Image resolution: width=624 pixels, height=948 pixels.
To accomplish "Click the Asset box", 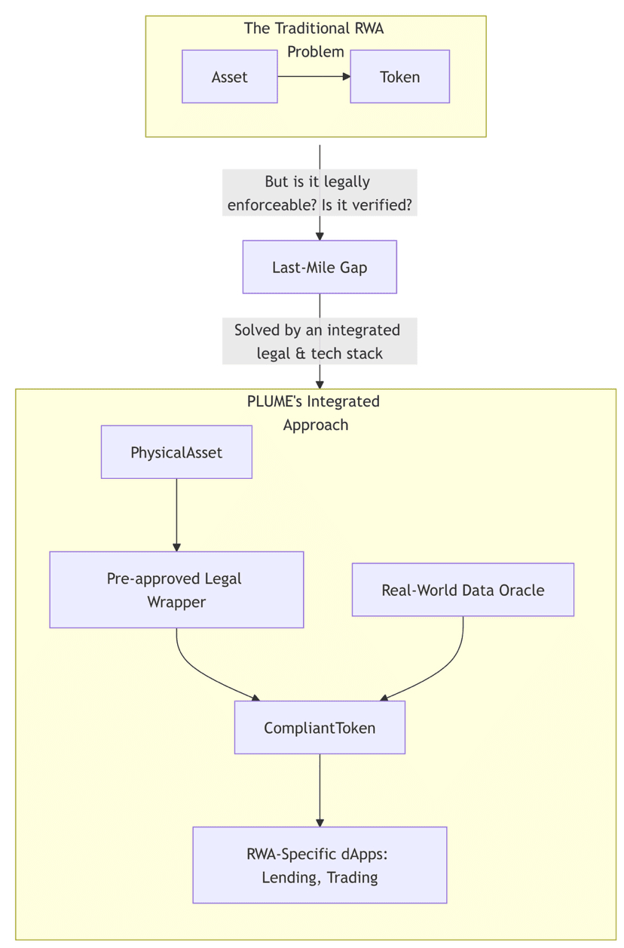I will (229, 77).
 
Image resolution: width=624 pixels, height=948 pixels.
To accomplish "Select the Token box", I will (399, 77).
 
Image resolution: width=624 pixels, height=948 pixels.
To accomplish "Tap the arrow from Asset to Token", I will (313, 76).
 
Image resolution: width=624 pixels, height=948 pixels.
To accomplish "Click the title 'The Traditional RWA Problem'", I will (314, 40).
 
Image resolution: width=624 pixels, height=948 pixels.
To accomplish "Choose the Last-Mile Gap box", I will (320, 267).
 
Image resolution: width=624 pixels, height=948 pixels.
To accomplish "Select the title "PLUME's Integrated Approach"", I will (314, 413).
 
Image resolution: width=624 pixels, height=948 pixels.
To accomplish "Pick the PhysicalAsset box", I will (176, 453).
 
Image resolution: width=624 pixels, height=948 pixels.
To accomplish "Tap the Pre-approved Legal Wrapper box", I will (176, 590).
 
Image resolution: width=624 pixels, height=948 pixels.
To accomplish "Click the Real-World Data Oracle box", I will (463, 590).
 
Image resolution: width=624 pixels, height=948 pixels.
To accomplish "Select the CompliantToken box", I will (320, 728).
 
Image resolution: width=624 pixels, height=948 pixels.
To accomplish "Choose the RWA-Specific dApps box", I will (320, 865).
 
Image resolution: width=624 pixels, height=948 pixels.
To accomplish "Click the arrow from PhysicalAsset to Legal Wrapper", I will (176, 514).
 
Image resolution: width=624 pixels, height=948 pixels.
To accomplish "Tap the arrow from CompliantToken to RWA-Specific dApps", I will (320, 790).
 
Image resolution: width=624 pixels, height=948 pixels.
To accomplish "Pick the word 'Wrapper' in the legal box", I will (176, 602).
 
